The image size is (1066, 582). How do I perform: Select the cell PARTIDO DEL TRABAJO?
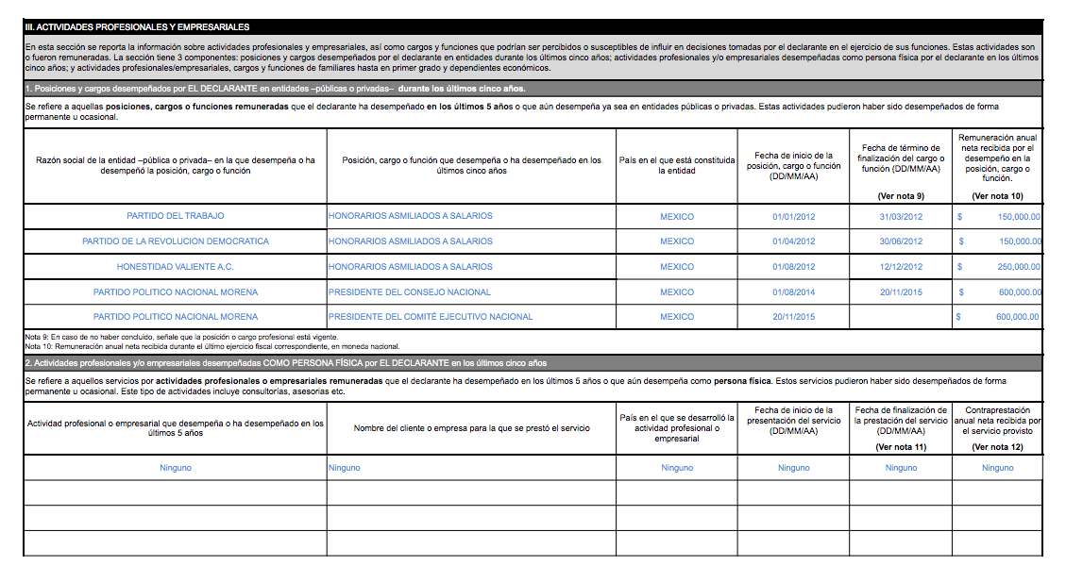(175, 216)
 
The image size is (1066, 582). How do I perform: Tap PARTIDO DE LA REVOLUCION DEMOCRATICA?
(175, 241)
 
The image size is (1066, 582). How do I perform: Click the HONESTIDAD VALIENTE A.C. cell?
(175, 267)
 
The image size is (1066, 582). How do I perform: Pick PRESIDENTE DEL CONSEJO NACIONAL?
(410, 292)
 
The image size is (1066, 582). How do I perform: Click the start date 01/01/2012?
(793, 216)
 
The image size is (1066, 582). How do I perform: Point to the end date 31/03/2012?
(901, 216)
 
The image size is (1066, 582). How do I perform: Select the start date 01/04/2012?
(793, 241)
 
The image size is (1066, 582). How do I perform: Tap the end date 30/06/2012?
(901, 241)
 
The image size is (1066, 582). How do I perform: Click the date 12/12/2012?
(901, 267)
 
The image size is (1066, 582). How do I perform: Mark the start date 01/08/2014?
(793, 292)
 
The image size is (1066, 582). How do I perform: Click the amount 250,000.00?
(1019, 267)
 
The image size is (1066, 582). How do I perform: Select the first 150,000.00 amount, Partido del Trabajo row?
(1019, 216)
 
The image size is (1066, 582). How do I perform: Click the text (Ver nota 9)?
(901, 196)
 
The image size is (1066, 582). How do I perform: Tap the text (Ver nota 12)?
(997, 447)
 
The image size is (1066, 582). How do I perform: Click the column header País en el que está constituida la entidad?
(676, 165)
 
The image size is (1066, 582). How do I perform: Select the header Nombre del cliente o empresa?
(471, 428)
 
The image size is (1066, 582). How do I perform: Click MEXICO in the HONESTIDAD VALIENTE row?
(676, 267)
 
